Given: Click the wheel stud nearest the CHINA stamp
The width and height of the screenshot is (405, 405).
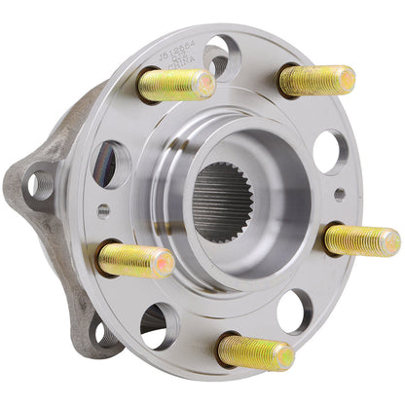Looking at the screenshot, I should tap(175, 86).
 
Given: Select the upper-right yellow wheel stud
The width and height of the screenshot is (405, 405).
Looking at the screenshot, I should tap(316, 80).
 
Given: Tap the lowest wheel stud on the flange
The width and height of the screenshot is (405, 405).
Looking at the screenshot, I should tap(255, 351).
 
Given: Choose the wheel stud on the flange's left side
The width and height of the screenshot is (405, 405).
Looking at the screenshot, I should tap(136, 261).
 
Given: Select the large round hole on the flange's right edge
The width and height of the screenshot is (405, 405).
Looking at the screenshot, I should tap(329, 152).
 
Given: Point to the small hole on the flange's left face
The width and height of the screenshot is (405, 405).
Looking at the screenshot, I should tap(104, 209).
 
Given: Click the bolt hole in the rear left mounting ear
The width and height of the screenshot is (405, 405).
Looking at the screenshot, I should tap(40, 181).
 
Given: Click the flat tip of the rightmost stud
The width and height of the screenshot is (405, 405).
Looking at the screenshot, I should tap(390, 241).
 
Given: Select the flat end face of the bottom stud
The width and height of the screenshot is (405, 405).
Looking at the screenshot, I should tap(283, 357).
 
